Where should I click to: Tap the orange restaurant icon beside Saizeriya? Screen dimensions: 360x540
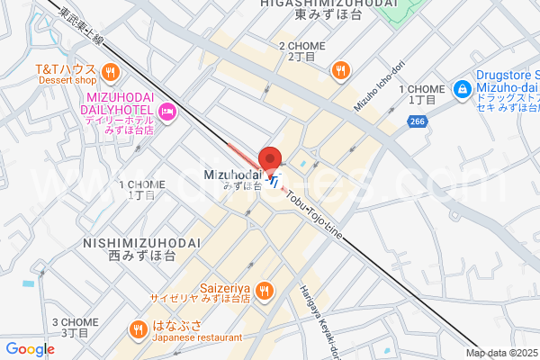[264, 289]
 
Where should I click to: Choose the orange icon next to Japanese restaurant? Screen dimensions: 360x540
[138, 328]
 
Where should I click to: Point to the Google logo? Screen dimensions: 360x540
[30, 349]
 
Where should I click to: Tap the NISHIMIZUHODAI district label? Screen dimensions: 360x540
[128, 242]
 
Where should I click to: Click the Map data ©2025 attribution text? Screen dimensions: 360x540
[501, 353]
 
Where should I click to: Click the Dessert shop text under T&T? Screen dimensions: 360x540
[66, 79]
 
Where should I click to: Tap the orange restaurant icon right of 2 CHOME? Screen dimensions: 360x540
[340, 70]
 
